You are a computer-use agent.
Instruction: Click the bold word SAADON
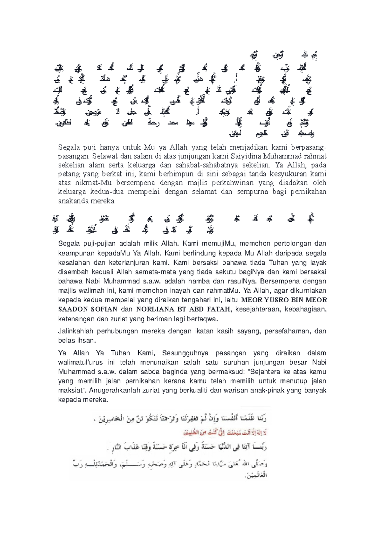coord(73,309)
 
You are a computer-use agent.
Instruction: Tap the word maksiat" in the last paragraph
coord(72,391)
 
